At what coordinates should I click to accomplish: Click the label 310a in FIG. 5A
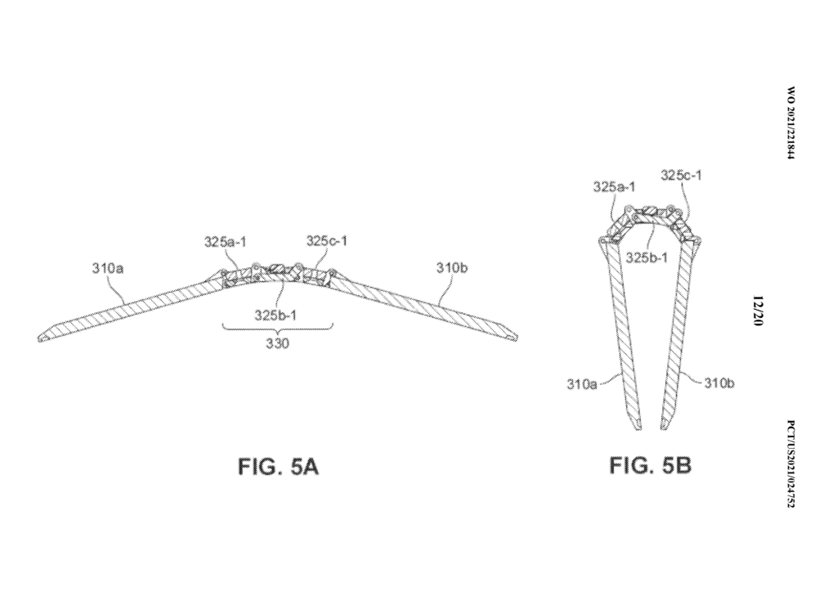tap(108, 268)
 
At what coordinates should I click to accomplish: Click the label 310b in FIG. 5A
tap(452, 268)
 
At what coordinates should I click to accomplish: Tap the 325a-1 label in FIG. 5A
tap(226, 242)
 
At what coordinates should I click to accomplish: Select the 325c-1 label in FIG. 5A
tap(327, 241)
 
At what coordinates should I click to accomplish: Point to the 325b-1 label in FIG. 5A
tap(275, 315)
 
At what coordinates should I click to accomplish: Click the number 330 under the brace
tap(278, 343)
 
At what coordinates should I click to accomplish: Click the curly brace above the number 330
tap(278, 327)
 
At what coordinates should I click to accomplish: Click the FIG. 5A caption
tap(278, 467)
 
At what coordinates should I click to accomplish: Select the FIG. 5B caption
tap(651, 466)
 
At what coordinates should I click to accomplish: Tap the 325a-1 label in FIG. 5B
tap(615, 187)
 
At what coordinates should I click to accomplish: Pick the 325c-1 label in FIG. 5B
tap(682, 175)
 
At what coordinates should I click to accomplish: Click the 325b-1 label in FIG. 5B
tap(647, 257)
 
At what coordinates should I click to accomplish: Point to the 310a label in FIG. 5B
tap(582, 384)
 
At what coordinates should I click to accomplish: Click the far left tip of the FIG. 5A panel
tap(38, 338)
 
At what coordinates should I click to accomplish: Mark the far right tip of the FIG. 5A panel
tap(517, 338)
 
